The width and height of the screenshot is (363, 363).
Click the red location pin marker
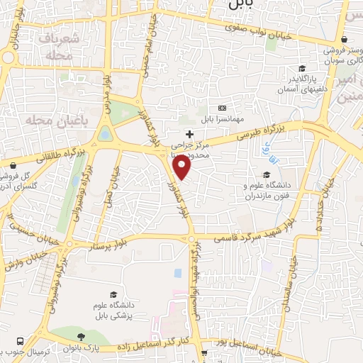coord(182,167)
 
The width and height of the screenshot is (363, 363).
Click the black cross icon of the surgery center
coord(189,134)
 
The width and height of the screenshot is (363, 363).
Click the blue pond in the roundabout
coord(106,133)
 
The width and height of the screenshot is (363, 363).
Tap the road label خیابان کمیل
coord(108,188)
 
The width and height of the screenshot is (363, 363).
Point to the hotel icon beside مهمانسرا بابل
coord(222,108)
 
